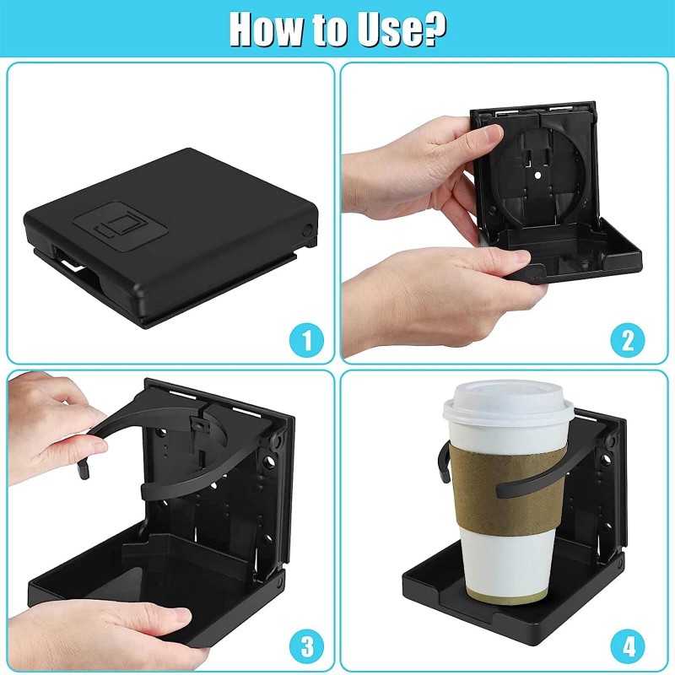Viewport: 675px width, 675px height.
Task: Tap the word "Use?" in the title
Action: (x=402, y=29)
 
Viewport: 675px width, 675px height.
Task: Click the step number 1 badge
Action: (x=306, y=340)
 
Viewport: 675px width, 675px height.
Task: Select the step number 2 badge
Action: (x=628, y=340)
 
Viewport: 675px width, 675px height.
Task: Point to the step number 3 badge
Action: (x=306, y=646)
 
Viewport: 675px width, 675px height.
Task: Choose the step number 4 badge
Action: (x=628, y=646)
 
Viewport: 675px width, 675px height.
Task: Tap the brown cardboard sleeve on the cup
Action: (x=508, y=489)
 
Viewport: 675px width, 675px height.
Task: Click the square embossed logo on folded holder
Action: (x=120, y=227)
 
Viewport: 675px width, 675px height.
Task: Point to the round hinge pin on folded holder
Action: (x=307, y=229)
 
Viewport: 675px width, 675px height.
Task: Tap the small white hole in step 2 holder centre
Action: (x=537, y=175)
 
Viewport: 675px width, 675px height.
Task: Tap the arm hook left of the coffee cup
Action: (x=444, y=462)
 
